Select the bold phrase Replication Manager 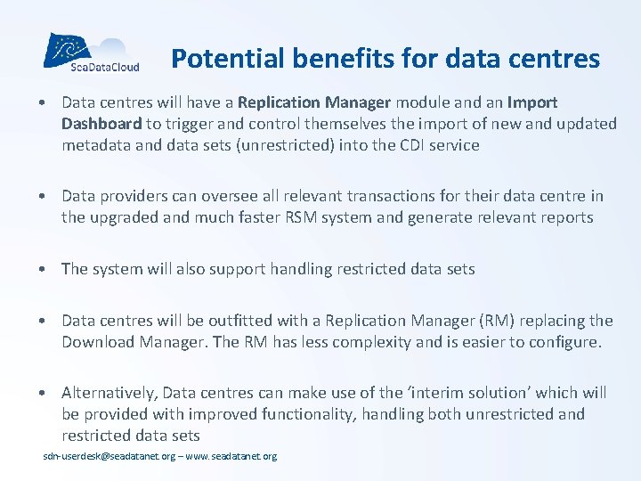click(x=315, y=103)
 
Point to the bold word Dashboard click(x=101, y=124)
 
